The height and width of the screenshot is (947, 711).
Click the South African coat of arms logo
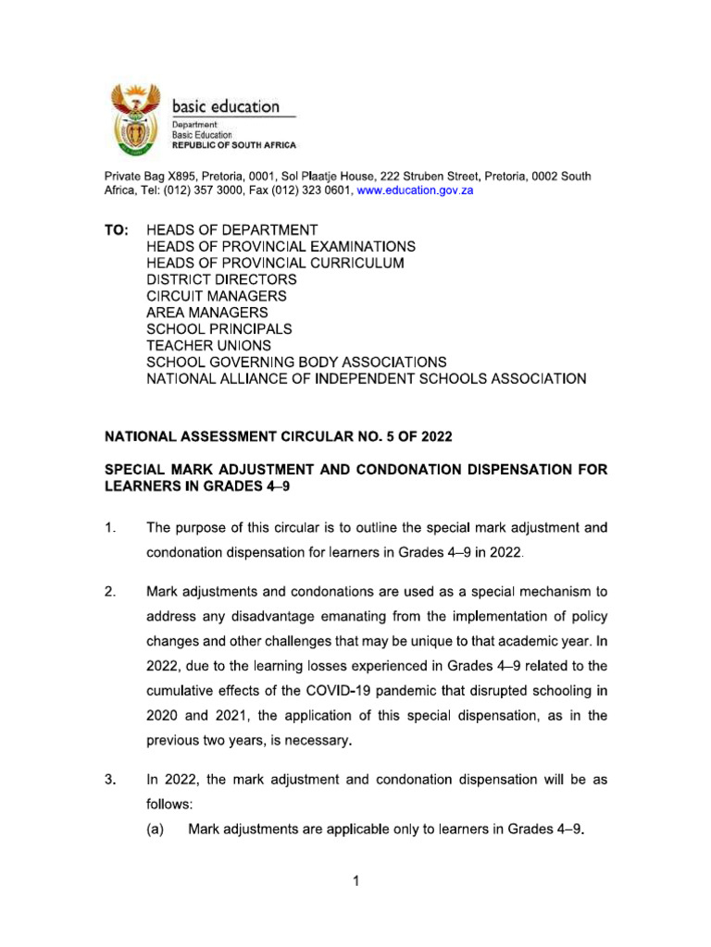(136, 120)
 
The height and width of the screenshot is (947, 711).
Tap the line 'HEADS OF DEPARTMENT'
(231, 229)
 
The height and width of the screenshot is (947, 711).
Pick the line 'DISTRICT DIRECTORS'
(222, 279)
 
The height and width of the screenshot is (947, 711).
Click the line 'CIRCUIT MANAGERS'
(217, 296)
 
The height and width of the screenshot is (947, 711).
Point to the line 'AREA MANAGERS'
(207, 313)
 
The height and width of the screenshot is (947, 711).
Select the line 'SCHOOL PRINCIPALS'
(219, 329)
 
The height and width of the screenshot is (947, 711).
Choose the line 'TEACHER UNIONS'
(209, 346)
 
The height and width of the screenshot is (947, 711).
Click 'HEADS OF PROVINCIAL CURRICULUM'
(276, 263)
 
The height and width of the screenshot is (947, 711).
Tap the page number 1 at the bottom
(355, 881)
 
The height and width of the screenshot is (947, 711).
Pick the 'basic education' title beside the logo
(226, 106)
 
